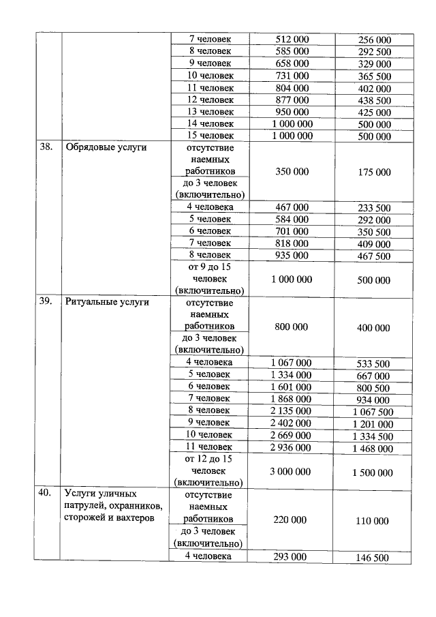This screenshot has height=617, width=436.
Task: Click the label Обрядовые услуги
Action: point(106,147)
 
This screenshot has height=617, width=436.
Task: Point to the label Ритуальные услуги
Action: point(107,301)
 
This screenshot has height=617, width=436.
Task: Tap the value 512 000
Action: point(292,40)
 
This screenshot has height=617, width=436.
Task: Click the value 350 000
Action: point(292,171)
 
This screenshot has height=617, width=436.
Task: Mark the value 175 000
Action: point(374,172)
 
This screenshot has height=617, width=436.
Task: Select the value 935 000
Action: point(292,256)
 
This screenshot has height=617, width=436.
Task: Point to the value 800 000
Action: point(292,327)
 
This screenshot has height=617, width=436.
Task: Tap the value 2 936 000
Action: point(292,447)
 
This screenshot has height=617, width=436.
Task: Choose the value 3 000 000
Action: point(292,472)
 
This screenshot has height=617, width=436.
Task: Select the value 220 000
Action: point(292,520)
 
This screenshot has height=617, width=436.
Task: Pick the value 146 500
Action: point(374,558)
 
